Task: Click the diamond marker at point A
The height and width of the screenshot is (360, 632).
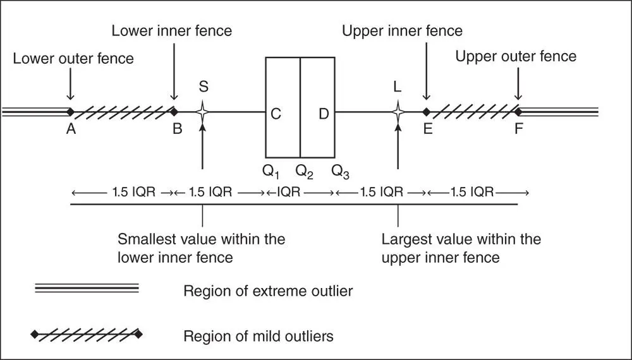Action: pos(70,112)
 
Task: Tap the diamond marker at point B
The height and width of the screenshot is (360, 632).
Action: pos(174,112)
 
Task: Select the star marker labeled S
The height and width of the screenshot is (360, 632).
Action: pos(202,112)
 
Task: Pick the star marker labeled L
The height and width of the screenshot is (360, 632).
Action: pos(398,112)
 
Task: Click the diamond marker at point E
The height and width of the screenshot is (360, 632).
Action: pos(426,112)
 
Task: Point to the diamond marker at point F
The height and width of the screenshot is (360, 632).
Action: pos(518,112)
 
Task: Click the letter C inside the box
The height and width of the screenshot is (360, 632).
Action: pos(276,114)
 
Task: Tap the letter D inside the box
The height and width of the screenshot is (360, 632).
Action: pos(323,114)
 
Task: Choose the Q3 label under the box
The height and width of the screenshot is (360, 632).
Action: pos(340,171)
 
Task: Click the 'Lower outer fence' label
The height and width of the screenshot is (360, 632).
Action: pos(73,59)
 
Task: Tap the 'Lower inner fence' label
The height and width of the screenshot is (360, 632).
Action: pos(171,30)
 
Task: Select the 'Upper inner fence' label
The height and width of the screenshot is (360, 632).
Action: pos(402,30)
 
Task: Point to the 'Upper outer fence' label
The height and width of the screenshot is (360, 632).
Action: pos(516,56)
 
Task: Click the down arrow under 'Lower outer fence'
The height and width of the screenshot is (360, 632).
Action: pos(70,85)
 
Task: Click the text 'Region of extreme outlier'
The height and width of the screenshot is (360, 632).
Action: pos(268,291)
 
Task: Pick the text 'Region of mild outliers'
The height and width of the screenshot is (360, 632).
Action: pos(258,335)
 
